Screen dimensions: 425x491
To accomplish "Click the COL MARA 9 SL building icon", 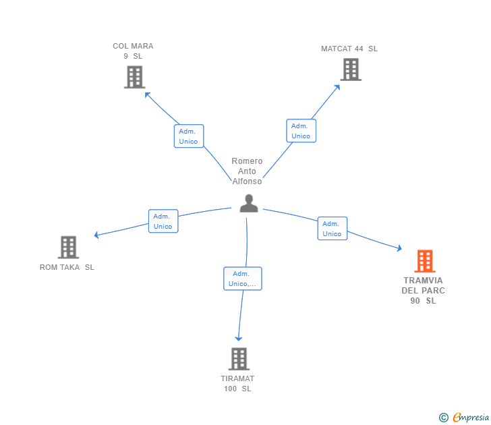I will (x=135, y=77).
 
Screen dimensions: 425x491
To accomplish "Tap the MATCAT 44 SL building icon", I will (x=350, y=69).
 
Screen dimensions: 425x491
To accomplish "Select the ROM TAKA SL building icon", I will (x=68, y=248).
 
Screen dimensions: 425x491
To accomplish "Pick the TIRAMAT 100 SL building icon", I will (x=238, y=359).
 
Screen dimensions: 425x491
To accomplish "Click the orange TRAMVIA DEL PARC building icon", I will (x=424, y=261).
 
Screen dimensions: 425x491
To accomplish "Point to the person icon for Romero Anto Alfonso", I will (x=249, y=203).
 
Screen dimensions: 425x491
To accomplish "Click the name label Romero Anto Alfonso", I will (x=247, y=171).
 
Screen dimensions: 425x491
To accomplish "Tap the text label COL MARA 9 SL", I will (x=133, y=51).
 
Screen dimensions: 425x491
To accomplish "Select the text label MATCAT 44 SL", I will (x=349, y=49).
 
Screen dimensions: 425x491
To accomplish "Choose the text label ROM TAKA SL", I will (x=67, y=267).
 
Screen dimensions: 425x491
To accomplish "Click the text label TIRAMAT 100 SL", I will (x=237, y=384).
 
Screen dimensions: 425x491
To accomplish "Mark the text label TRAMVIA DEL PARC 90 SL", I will (x=423, y=290).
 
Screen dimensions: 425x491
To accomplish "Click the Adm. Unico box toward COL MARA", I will (x=188, y=136).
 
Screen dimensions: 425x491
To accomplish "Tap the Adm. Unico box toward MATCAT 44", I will (x=301, y=131).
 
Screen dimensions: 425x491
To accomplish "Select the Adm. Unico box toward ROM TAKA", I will (x=163, y=221).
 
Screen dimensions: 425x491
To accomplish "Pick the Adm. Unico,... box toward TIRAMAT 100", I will (x=242, y=279).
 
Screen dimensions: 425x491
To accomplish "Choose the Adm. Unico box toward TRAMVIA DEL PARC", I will (x=332, y=229).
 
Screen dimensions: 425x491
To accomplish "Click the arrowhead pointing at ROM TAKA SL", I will (x=96, y=235).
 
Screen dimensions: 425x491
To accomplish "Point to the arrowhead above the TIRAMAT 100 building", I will (x=237, y=338).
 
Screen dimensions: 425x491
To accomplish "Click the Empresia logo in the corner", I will (x=464, y=418).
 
